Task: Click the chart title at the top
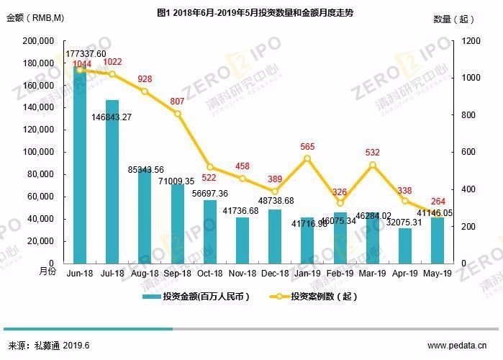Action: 251,13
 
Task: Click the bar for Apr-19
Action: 405,246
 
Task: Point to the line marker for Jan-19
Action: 308,158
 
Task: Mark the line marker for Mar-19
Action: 373,165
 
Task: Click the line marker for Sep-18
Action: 177,114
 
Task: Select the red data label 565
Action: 308,147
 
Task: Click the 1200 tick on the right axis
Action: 468,41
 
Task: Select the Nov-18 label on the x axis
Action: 242,274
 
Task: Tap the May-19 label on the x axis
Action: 438,274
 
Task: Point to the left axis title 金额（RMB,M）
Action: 36,19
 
